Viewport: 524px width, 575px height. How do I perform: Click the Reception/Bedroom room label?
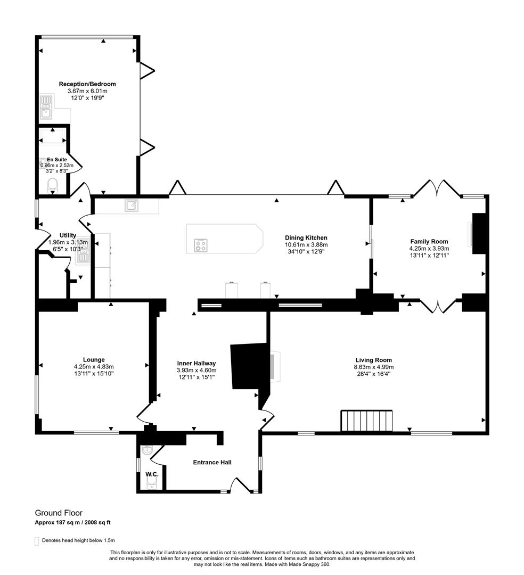pyautogui.click(x=87, y=84)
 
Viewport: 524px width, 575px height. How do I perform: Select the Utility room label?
pyautogui.click(x=68, y=235)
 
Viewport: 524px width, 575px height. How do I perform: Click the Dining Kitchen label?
pyautogui.click(x=306, y=238)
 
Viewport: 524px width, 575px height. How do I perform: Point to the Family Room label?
pyautogui.click(x=429, y=242)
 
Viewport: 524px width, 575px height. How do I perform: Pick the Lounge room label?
pyautogui.click(x=94, y=360)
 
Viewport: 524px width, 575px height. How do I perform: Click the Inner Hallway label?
pyautogui.click(x=196, y=364)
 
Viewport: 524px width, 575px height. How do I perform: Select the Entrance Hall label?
pyautogui.click(x=212, y=463)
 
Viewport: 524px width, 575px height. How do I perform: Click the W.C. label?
pyautogui.click(x=152, y=474)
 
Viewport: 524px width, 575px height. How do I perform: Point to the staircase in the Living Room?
pyautogui.click(x=367, y=421)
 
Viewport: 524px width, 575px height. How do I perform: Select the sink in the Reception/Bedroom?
pyautogui.click(x=46, y=106)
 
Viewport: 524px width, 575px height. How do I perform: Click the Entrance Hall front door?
pyautogui.click(x=239, y=484)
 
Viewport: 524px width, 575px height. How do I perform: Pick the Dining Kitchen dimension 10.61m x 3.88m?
pyautogui.click(x=306, y=245)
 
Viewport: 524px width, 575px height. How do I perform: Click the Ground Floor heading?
pyautogui.click(x=59, y=513)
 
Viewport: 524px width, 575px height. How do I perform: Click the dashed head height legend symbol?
pyautogui.click(x=37, y=541)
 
